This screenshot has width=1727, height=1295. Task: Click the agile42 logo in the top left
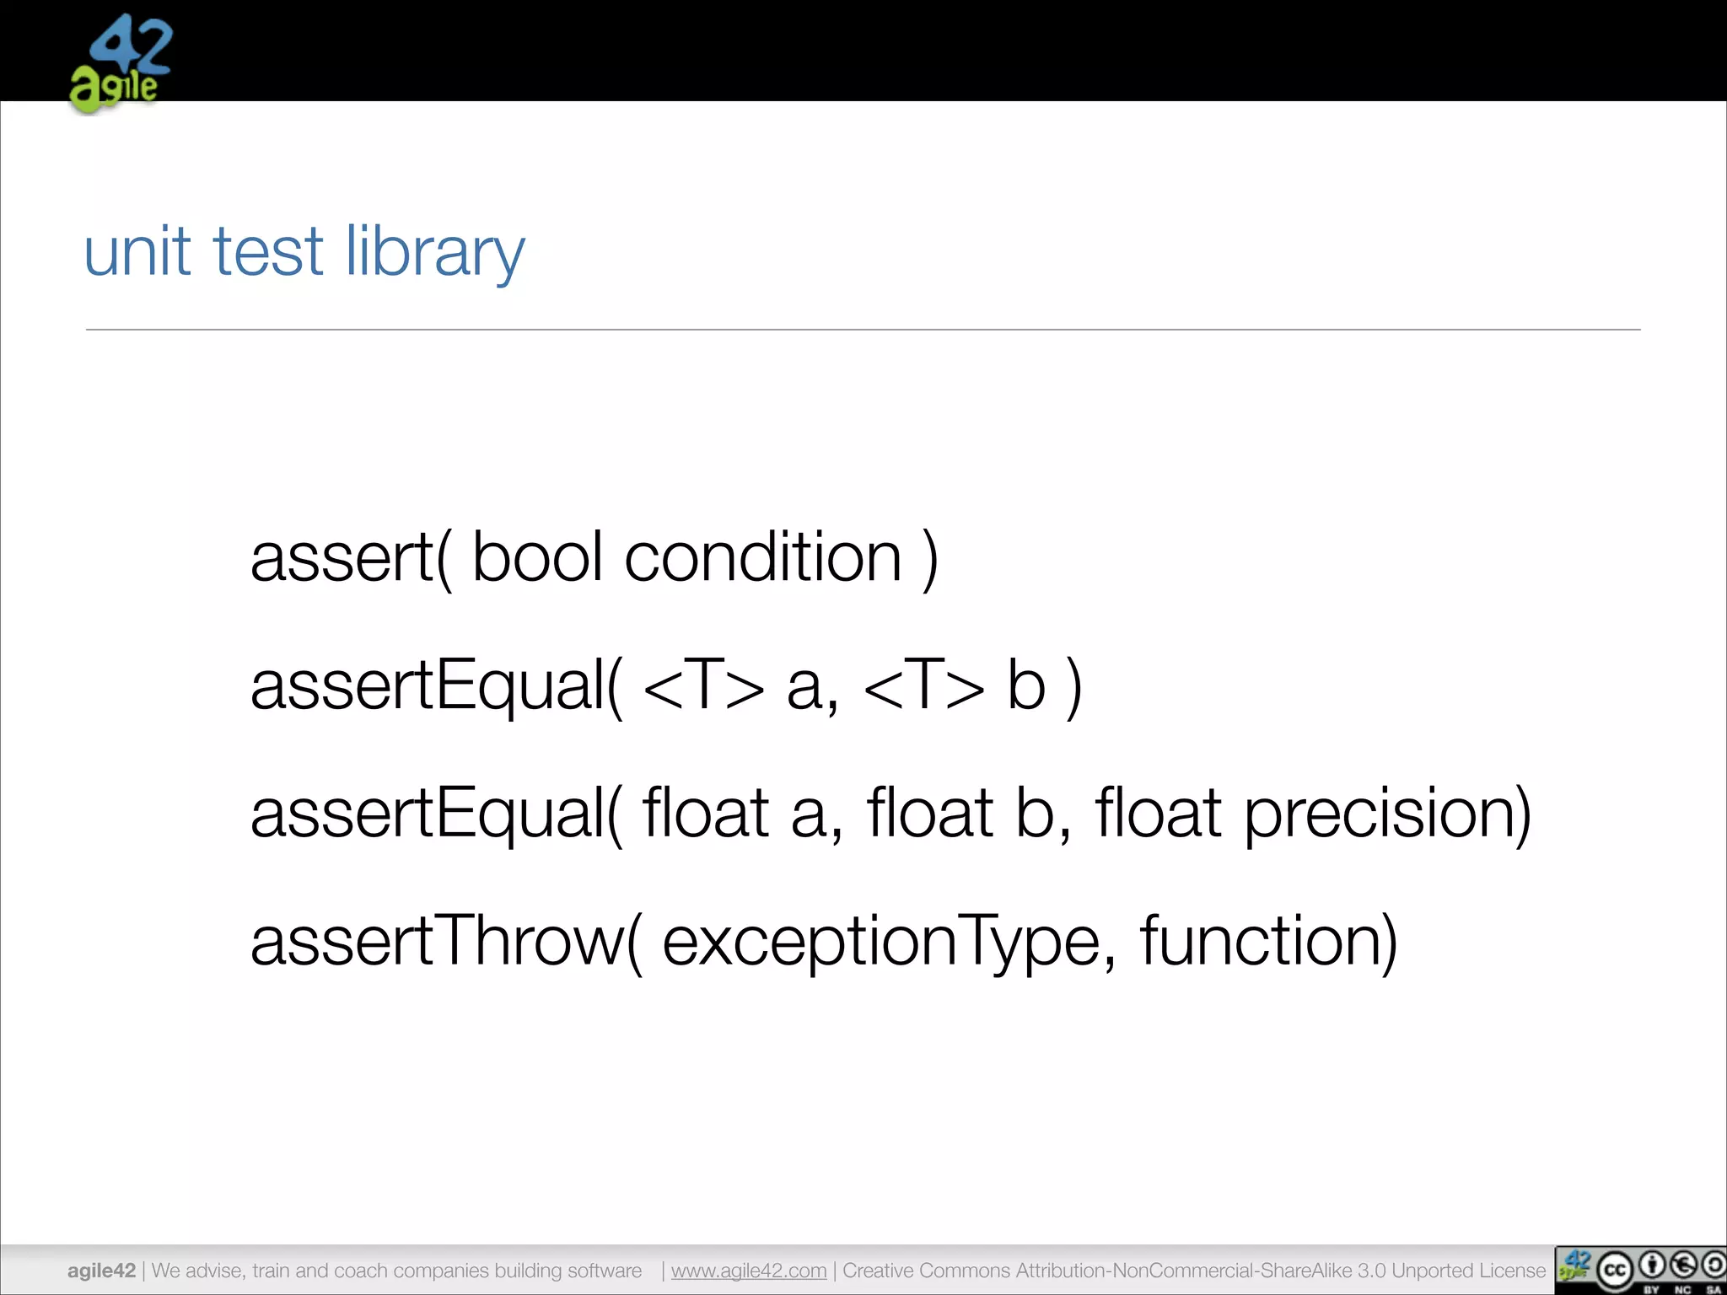coord(121,63)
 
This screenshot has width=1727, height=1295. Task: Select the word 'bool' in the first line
coord(537,557)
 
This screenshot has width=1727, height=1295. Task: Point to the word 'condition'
coord(763,557)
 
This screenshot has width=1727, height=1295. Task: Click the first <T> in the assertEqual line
coord(703,685)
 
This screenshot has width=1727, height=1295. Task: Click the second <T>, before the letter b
coord(924,685)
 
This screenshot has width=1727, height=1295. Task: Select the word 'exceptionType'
coord(882,943)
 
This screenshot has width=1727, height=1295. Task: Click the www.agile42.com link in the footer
coord(749,1271)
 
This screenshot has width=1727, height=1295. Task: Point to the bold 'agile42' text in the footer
coord(101,1271)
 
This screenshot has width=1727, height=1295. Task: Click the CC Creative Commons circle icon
coord(1614,1271)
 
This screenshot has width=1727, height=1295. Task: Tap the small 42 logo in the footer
coord(1574,1267)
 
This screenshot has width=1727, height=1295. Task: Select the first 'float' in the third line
coord(706,813)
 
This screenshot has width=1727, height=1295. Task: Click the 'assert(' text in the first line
coord(351,557)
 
